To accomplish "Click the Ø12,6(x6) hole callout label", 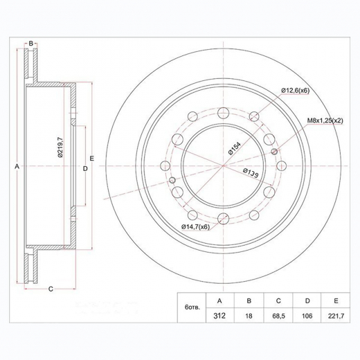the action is (x=295, y=91).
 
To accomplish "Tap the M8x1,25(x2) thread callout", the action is (x=325, y=120).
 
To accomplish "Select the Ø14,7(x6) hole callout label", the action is (x=195, y=227).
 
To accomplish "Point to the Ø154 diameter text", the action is (x=235, y=148).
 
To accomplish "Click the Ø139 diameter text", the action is (x=251, y=173).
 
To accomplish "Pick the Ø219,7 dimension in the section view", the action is (x=60, y=147).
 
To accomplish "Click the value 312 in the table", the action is (x=219, y=316).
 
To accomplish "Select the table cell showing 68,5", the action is (x=278, y=316).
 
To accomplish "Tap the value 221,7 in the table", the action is (x=336, y=316).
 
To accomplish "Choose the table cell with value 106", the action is (x=307, y=316).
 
